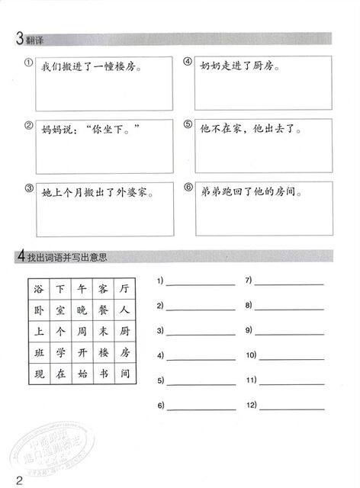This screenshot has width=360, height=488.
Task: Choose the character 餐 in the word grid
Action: coord(104,310)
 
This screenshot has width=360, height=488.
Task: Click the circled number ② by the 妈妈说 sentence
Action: coord(28,126)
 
